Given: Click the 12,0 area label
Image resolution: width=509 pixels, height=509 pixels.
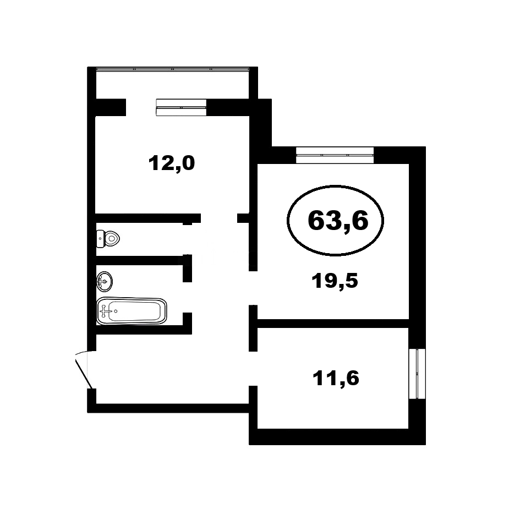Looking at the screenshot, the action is click(171, 163).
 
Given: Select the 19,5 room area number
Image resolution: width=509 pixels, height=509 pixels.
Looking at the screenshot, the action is click(335, 281).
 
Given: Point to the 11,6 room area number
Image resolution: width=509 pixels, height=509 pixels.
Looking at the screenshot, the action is click(336, 378).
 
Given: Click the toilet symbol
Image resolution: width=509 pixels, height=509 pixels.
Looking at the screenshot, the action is click(108, 239).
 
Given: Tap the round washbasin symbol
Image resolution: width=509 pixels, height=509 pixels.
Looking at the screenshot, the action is click(105, 281).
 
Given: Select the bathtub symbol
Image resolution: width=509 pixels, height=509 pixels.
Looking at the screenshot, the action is click(132, 311).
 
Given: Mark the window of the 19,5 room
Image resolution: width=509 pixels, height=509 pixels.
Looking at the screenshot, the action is click(335, 155).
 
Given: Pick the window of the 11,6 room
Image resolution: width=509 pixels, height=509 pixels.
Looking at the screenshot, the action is click(417, 374).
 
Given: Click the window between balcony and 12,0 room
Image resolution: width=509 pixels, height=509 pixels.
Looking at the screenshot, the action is click(181, 107).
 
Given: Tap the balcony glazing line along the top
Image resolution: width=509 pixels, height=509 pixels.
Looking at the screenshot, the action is click(173, 69).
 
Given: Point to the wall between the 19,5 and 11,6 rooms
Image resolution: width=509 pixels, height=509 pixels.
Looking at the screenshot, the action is click(333, 324).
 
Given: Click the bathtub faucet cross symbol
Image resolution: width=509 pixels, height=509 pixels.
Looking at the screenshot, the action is click(104, 311).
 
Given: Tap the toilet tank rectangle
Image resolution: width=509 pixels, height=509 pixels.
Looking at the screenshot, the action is click(100, 239).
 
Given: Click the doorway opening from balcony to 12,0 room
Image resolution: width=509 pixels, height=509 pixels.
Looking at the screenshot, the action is click(141, 107).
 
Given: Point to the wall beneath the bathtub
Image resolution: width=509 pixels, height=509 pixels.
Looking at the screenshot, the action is click(144, 330).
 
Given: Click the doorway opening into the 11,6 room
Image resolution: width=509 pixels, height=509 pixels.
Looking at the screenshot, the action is click(253, 369).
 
